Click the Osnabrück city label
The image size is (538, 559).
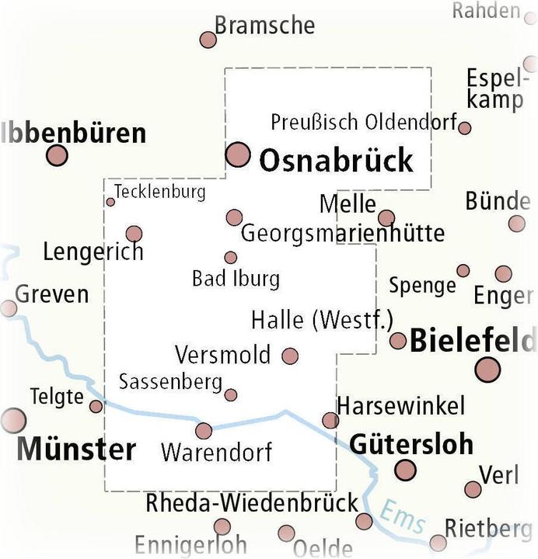(x=336, y=161)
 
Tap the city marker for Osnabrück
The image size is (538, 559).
(x=238, y=155)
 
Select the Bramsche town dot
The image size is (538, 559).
(x=208, y=40)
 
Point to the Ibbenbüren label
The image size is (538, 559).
(x=75, y=133)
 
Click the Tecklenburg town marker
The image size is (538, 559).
(x=110, y=202)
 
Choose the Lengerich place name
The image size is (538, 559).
(x=93, y=252)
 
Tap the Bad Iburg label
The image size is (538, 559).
(x=236, y=277)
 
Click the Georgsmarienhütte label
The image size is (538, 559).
(x=343, y=232)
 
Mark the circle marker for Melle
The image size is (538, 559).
(x=386, y=218)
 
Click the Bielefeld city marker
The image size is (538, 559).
(x=488, y=369)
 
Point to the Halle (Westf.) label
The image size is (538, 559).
(x=323, y=319)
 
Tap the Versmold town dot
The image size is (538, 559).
(x=290, y=356)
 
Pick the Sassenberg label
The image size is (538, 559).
(x=170, y=381)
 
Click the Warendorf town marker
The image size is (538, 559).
(x=204, y=431)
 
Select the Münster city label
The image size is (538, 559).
(x=76, y=449)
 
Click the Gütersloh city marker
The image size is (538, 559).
(x=405, y=470)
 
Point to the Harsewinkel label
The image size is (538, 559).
(x=400, y=404)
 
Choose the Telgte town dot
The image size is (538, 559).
(x=96, y=406)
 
